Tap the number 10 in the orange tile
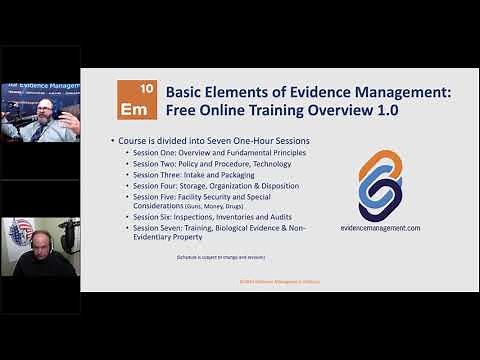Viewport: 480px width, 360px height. point(146,88)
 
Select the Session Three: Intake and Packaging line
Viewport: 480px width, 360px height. point(199,175)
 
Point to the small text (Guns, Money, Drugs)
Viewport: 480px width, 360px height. point(219,206)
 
